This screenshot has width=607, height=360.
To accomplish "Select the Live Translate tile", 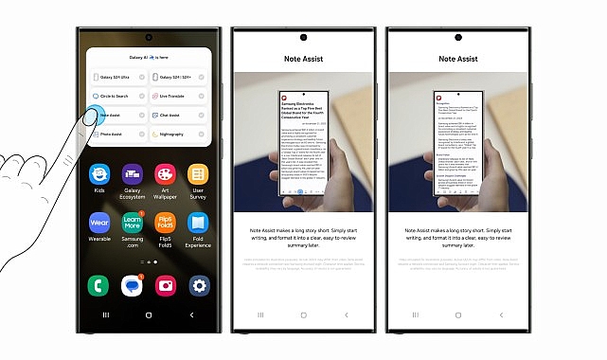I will pos(178,96).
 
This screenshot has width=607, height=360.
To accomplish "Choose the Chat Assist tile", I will pos(178,116).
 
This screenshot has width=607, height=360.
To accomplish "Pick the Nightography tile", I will pos(178,135).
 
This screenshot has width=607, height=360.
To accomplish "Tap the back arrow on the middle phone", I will pos(346,314).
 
